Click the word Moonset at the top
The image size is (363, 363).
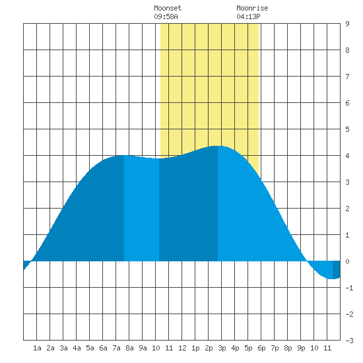(x=168, y=8)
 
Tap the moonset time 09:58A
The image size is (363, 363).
(x=166, y=16)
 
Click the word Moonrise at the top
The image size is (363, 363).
(x=252, y=8)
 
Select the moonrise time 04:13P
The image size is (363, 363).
(x=248, y=16)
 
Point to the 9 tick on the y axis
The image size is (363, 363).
(x=347, y=24)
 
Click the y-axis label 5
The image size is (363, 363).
(x=347, y=129)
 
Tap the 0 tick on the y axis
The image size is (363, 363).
(x=347, y=261)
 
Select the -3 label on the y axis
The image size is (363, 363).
(x=349, y=341)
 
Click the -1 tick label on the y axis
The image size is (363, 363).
(x=349, y=288)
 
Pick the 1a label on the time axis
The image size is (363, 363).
(x=37, y=348)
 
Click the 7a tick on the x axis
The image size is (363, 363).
(x=116, y=348)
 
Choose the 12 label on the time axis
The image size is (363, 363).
(x=182, y=348)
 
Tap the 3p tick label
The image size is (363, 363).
(x=222, y=348)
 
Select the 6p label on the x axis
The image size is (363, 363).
(x=261, y=348)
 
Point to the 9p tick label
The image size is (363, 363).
(x=301, y=348)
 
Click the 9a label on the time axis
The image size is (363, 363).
(x=143, y=348)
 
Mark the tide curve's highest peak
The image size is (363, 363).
(x=218, y=146)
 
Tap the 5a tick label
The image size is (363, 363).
(x=90, y=348)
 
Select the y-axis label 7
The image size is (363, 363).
(x=347, y=77)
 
